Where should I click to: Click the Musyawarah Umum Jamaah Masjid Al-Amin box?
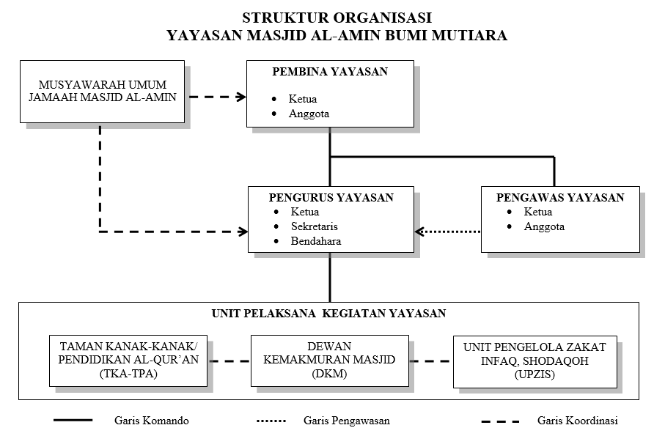101,92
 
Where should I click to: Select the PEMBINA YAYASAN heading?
329,72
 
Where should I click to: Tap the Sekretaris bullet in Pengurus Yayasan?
314,226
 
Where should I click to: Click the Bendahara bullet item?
315,240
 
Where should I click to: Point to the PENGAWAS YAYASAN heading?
560,197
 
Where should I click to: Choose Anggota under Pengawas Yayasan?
544,226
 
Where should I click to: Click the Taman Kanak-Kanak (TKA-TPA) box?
128,361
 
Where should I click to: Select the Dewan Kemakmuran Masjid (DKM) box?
329,361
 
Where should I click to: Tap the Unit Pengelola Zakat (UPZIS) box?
534,361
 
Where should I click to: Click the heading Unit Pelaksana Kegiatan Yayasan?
328,314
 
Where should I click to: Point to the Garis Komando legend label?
152,421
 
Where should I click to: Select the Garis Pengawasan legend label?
346,421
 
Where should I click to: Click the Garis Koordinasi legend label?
577,421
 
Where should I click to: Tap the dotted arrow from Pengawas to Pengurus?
449,232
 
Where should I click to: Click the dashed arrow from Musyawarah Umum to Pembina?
217,96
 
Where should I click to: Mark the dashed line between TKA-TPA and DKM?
229,361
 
